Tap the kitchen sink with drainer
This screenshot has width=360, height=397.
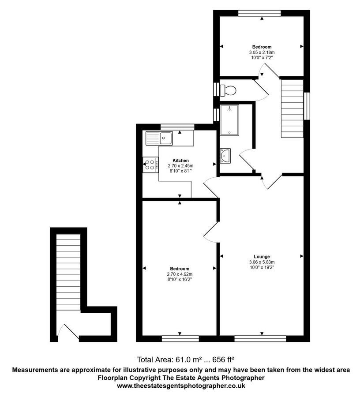[160, 139]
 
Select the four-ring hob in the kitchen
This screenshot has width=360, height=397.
[150, 165]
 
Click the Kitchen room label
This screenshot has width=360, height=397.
[180, 161]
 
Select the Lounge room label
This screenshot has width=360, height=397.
[262, 257]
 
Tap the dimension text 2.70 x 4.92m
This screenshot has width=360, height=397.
[180, 274]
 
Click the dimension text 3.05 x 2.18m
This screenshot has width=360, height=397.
[262, 52]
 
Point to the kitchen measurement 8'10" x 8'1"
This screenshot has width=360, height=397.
[180, 171]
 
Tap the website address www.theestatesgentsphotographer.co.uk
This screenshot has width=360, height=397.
[180, 386]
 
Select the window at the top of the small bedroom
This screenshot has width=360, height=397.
[259, 13]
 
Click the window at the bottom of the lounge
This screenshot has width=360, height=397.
[260, 338]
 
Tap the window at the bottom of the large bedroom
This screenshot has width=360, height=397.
[180, 338]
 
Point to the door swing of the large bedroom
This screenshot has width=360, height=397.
[211, 231]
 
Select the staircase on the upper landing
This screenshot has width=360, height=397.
[292, 108]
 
